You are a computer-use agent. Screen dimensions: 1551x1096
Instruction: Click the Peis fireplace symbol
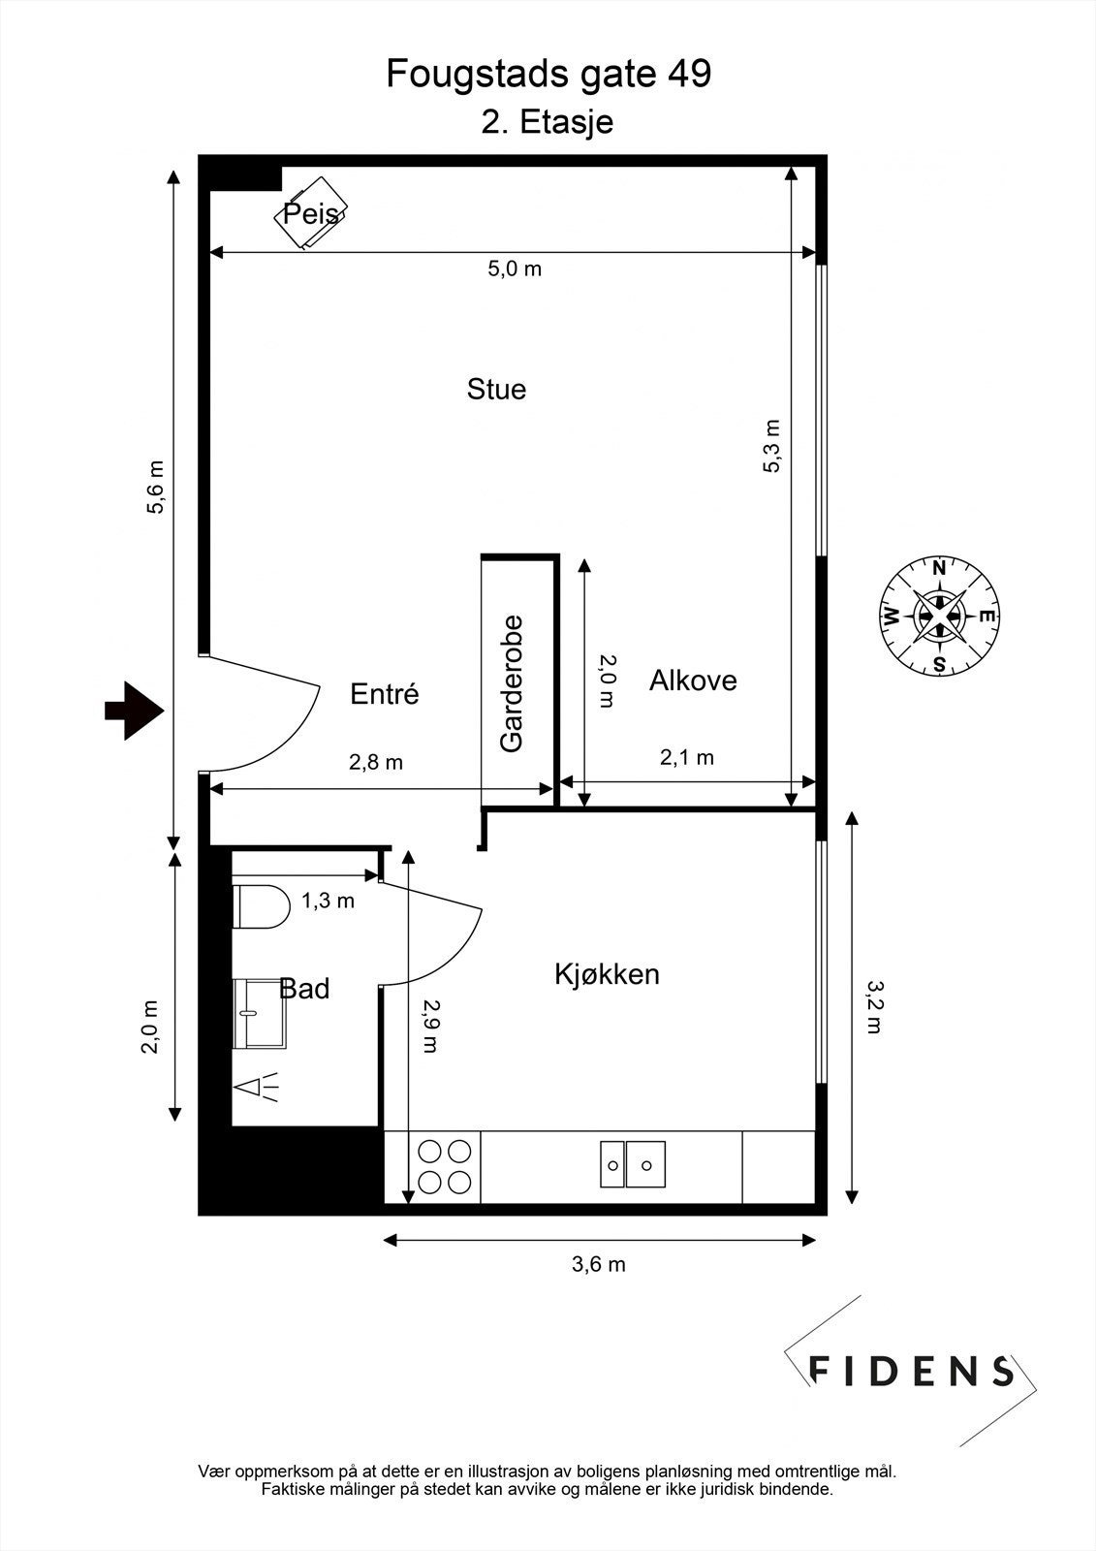(310, 213)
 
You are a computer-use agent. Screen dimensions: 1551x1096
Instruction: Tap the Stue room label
(496, 390)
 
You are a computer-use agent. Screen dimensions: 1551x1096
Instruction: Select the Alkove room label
(693, 681)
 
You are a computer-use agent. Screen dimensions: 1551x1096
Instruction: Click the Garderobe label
(512, 683)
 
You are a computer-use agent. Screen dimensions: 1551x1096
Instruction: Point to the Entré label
(384, 694)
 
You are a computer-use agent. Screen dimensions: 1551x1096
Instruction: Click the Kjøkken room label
(607, 974)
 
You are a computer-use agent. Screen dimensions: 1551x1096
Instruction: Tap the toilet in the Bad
(262, 906)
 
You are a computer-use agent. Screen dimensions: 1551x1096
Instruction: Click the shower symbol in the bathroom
(258, 1088)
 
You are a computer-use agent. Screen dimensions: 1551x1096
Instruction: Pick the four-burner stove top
(445, 1166)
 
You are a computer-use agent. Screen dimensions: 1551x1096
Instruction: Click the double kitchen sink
(632, 1163)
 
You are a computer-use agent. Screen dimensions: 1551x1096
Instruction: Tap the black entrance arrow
(133, 711)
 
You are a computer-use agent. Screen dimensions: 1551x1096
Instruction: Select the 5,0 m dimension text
(515, 269)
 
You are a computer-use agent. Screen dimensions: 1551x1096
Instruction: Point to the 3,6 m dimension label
(598, 1264)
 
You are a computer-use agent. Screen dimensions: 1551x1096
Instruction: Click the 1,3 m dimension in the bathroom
(328, 901)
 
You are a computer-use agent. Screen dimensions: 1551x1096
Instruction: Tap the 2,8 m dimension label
(375, 762)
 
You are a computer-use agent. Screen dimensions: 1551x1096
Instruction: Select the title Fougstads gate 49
(548, 74)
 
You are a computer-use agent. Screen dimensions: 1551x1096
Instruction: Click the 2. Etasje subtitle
(548, 123)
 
